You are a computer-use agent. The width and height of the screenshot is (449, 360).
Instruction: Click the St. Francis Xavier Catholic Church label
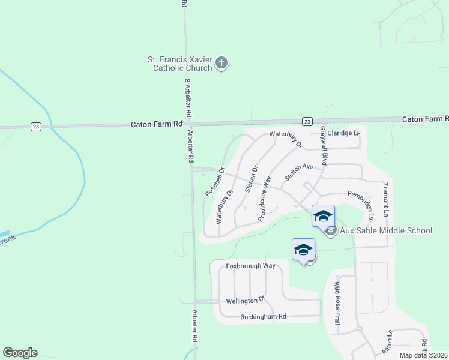coord(180,64)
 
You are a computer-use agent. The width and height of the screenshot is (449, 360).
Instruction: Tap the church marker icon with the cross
coord(221,62)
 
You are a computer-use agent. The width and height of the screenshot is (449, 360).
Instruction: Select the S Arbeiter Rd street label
coord(187,98)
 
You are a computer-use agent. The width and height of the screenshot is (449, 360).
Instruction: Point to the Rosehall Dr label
coord(214,181)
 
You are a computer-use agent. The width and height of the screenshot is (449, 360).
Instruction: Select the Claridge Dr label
coord(343,133)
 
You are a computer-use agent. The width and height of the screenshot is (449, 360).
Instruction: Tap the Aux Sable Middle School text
coord(386,230)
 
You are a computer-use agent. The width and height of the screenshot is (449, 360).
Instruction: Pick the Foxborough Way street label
coord(250,265)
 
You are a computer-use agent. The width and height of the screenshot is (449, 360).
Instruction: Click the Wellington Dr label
coord(246,301)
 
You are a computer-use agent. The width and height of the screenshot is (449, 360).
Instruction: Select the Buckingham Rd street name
coord(263,316)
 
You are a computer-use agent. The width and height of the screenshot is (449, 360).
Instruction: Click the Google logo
coord(20,353)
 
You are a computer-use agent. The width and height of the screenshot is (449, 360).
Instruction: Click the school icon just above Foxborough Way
coord(303,249)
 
